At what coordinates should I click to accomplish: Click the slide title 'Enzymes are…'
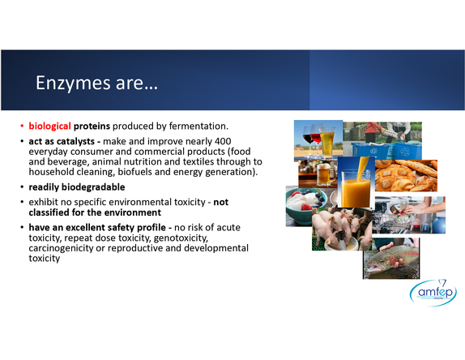point(96,83)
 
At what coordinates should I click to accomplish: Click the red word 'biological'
point(50,126)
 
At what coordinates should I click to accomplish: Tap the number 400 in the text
point(223,141)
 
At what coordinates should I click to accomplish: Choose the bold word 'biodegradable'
point(93,187)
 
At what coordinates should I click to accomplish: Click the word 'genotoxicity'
point(181,238)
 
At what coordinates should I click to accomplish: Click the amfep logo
point(433,293)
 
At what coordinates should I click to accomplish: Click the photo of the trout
point(391,259)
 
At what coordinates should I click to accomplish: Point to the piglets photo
point(342,229)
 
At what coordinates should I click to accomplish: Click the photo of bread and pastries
point(406,175)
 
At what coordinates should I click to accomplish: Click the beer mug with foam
point(324,174)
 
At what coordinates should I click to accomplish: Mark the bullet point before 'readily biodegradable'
point(22,187)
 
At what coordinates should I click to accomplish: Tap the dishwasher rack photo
point(409,215)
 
